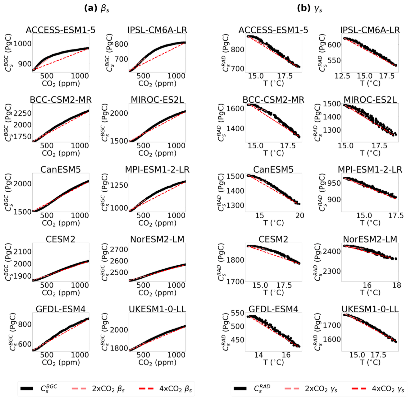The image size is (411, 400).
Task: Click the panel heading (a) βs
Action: [97, 8]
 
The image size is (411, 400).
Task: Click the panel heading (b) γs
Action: [309, 8]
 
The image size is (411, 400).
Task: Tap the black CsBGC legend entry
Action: [39, 388]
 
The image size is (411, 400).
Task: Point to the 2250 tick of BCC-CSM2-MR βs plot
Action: [22, 113]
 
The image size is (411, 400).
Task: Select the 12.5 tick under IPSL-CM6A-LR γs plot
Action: [342, 76]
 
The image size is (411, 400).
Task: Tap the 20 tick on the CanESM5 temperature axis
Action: [300, 216]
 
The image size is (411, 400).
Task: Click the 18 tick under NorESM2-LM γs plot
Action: [397, 285]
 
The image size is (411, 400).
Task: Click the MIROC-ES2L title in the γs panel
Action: [370, 100]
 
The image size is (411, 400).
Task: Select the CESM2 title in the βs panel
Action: [61, 239]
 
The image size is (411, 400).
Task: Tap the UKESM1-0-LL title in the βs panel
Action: [157, 309]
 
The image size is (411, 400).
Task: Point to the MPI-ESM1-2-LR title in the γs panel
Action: [370, 170]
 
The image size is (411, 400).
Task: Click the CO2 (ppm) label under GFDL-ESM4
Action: [61, 362]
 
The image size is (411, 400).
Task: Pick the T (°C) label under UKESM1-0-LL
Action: [370, 362]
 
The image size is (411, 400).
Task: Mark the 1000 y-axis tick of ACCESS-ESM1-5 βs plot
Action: [22, 44]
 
